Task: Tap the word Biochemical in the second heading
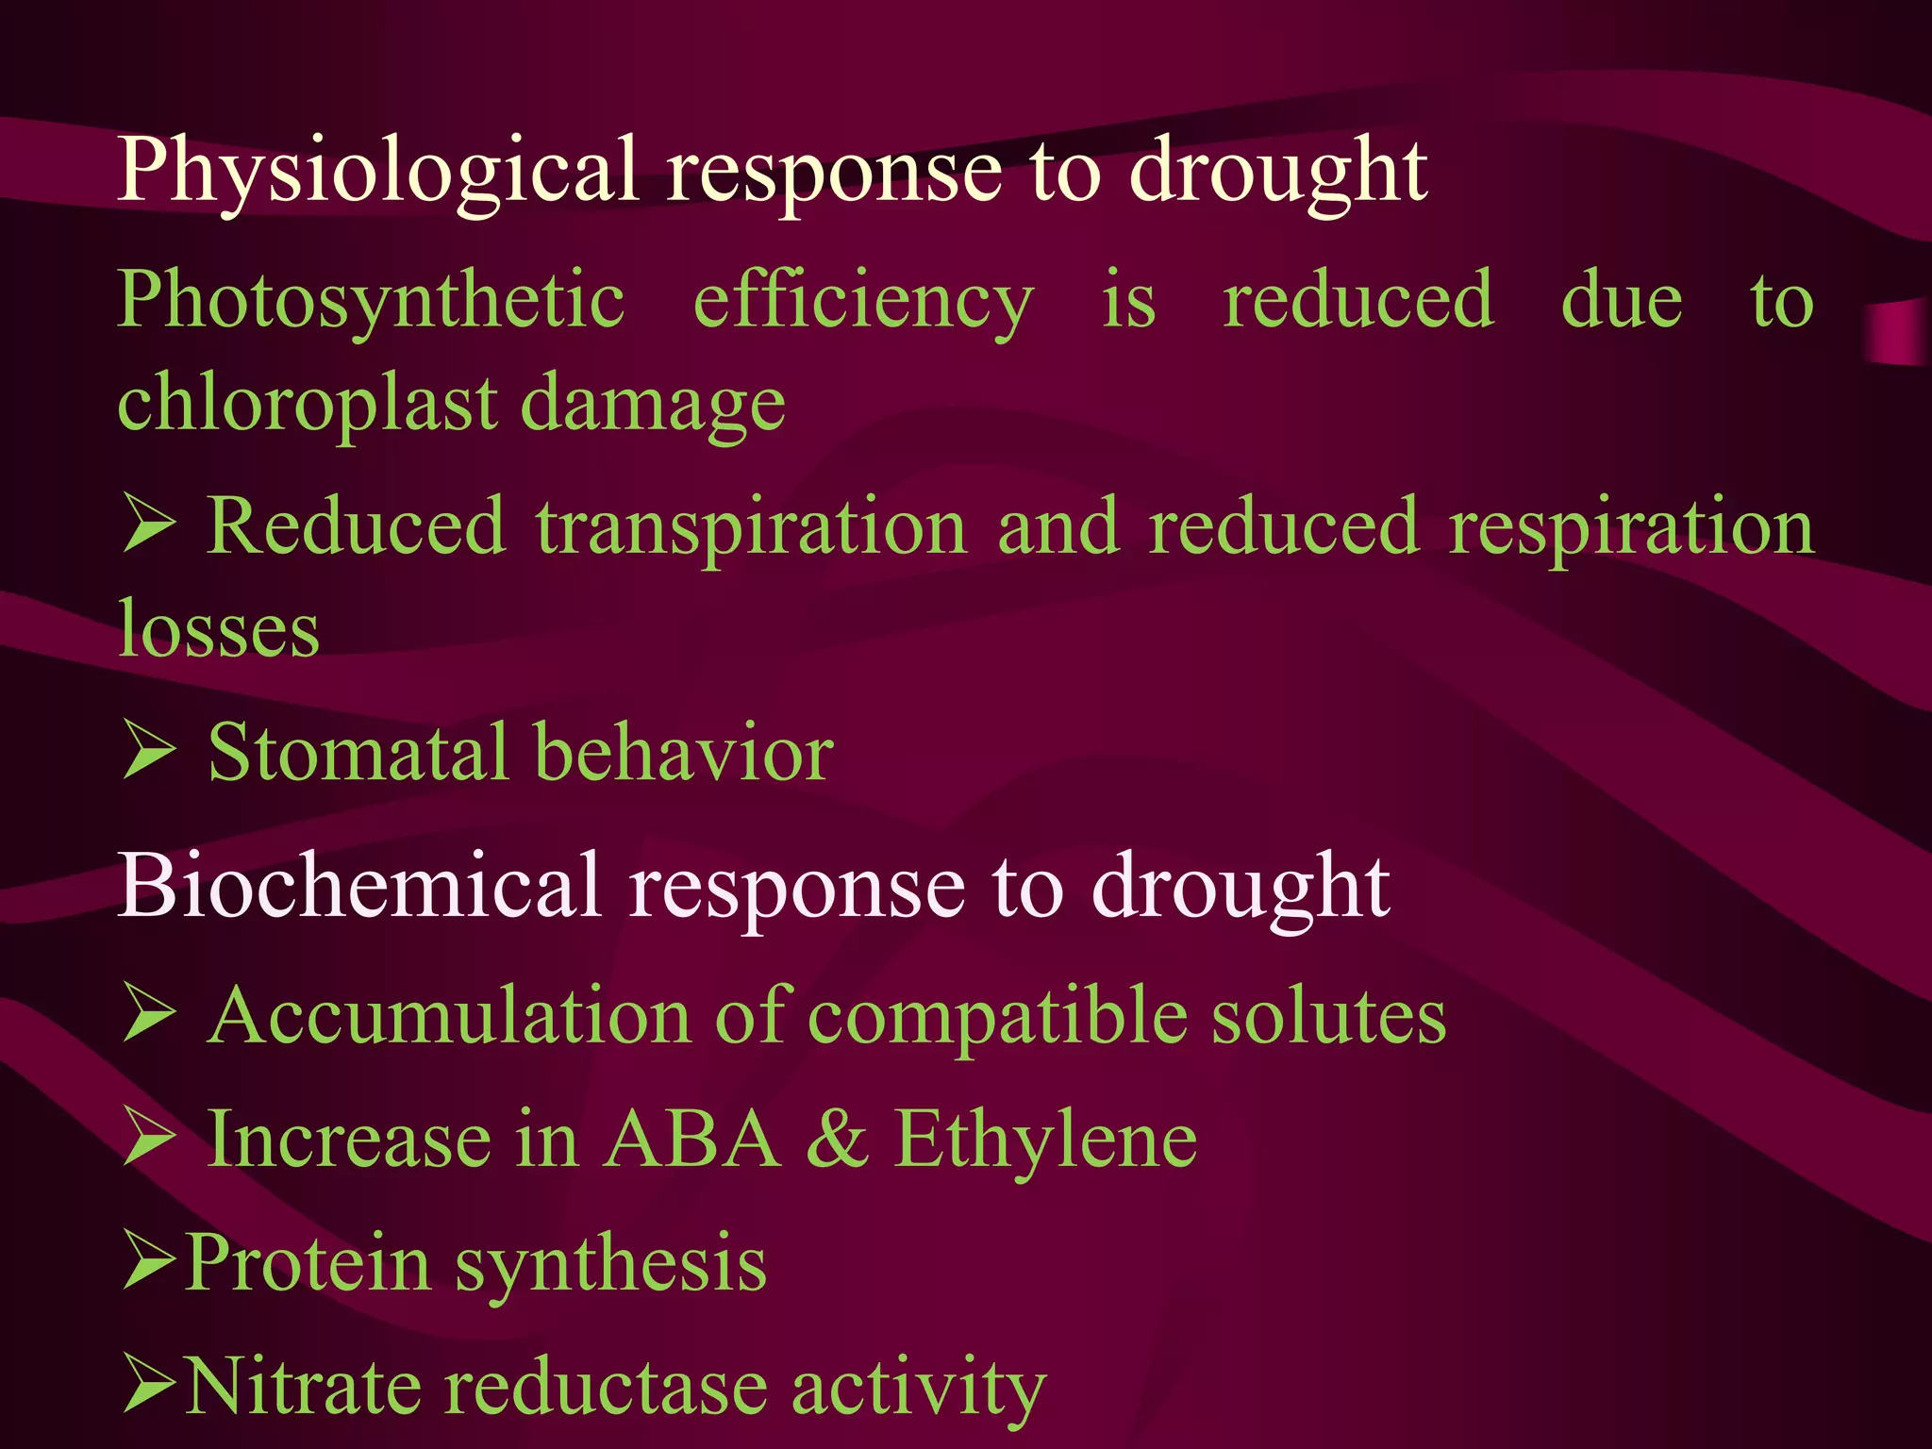(359, 886)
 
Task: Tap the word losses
(218, 629)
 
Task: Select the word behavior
(684, 752)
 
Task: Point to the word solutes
(1328, 1016)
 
